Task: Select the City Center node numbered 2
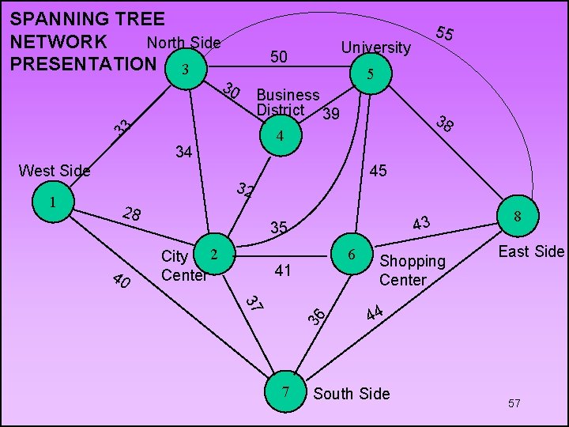pyautogui.click(x=213, y=254)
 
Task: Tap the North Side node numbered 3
pyautogui.click(x=185, y=70)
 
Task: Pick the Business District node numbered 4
pyautogui.click(x=278, y=137)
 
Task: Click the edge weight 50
pyautogui.click(x=279, y=56)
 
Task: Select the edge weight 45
pyautogui.click(x=378, y=171)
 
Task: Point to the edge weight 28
pyautogui.click(x=132, y=214)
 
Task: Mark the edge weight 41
pyautogui.click(x=282, y=271)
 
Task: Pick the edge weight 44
pyautogui.click(x=375, y=313)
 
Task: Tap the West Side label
pyautogui.click(x=54, y=170)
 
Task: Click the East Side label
pyautogui.click(x=531, y=251)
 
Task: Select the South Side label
pyautogui.click(x=352, y=393)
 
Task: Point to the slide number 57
pyautogui.click(x=514, y=404)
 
